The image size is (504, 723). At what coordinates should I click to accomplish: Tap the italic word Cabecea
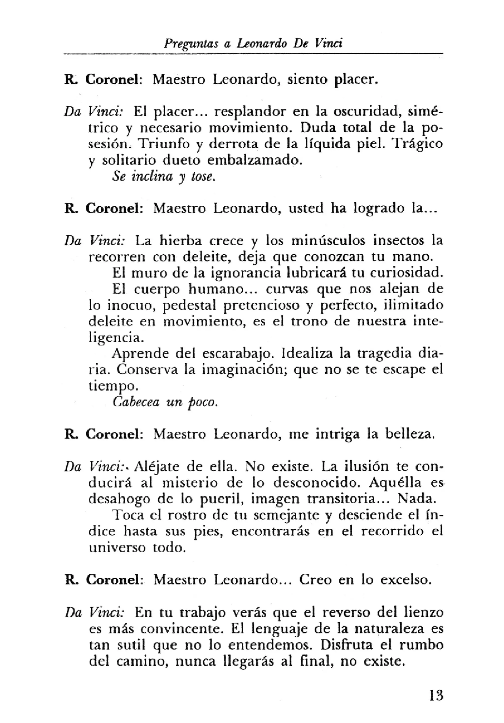pos(136,402)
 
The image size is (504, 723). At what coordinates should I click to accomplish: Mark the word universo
pos(117,548)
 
